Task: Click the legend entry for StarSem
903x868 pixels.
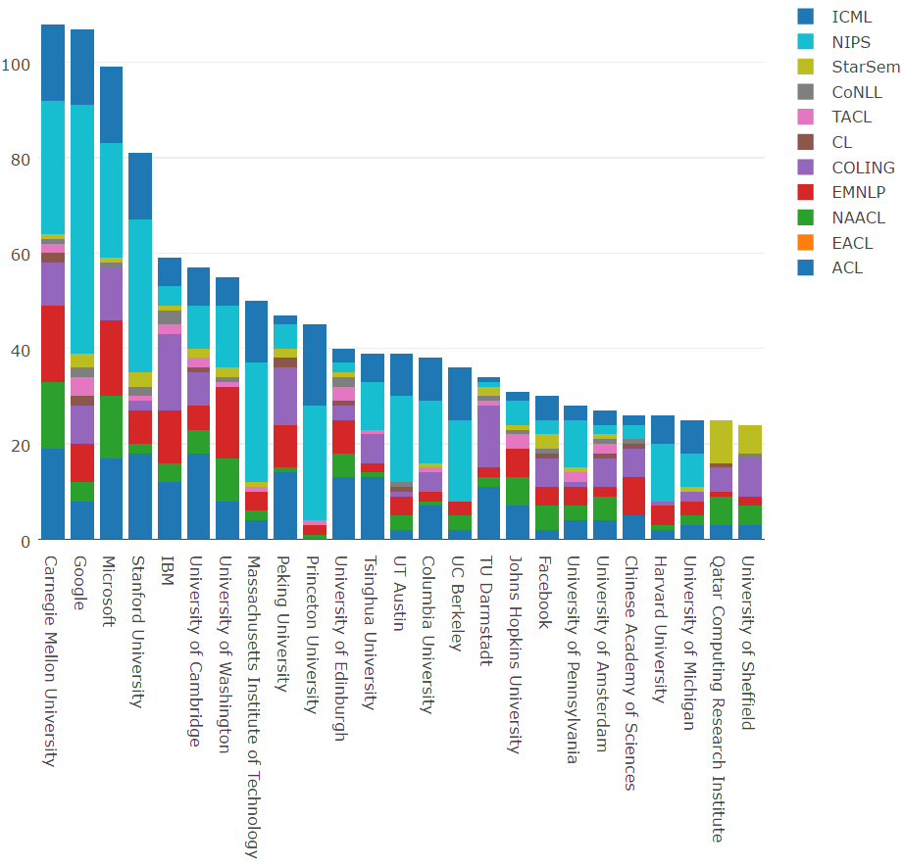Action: (x=865, y=68)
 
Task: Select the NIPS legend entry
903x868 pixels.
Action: (x=850, y=42)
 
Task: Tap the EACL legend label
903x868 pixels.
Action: (x=851, y=242)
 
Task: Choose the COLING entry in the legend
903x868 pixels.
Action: (x=863, y=168)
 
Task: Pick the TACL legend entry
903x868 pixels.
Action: (x=850, y=118)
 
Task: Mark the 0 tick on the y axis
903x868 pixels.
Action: (x=26, y=540)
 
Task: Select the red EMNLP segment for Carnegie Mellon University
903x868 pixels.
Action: (x=53, y=344)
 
